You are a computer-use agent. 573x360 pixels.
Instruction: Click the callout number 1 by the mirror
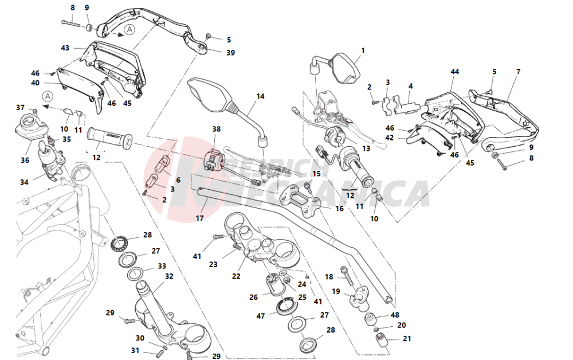coord(363,51)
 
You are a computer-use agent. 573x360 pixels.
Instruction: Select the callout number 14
coord(260,96)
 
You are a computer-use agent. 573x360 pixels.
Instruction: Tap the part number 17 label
coord(199,218)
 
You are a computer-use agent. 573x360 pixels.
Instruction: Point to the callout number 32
coord(169,276)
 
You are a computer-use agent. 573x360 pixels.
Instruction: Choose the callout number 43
coord(65,48)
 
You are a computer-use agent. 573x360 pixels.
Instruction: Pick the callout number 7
coord(518,72)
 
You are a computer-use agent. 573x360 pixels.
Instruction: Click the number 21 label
coord(407,339)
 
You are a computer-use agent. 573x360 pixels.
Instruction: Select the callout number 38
coord(216,130)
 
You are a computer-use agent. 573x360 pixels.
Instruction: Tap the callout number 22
coord(236,276)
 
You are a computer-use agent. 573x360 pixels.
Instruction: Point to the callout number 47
coord(261,316)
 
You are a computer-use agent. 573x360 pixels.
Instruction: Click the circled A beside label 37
coord(48,96)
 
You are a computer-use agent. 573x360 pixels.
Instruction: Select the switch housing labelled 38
coord(213,159)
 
